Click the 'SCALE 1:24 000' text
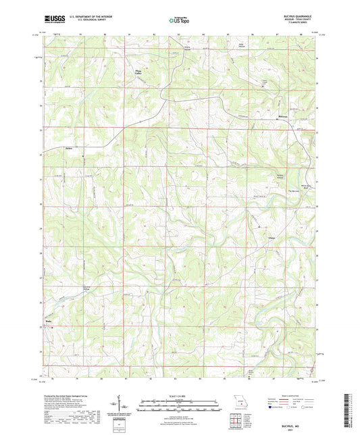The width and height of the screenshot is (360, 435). click(180, 396)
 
